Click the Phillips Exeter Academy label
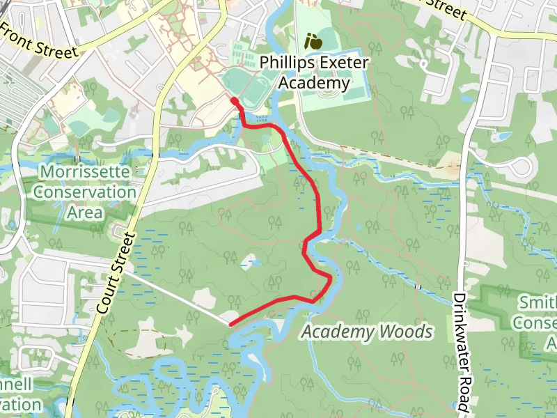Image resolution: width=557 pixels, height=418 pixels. point(313,72)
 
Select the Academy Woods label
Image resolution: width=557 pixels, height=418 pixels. point(367,332)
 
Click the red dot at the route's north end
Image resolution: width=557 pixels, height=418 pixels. point(235,102)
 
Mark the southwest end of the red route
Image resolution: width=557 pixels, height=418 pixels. point(231,323)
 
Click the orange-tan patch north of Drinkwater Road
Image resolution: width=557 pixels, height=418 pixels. point(453,168)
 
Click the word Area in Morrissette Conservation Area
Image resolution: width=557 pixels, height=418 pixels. point(85,212)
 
